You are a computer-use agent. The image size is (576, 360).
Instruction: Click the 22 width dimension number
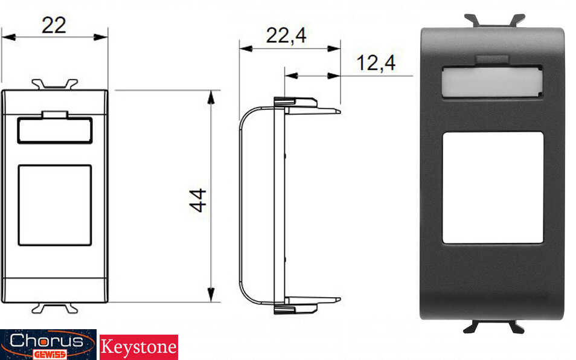pos(54,25)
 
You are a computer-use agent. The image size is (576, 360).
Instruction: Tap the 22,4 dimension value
pos(286,36)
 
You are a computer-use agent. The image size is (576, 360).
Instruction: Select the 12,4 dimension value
pos(376,63)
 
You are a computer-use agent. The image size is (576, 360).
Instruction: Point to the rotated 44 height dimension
pos(197,200)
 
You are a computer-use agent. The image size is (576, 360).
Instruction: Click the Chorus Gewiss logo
pos(48,344)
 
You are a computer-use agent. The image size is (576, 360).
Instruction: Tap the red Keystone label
pos(139,347)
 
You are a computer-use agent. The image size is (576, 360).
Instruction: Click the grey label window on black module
pos(492,82)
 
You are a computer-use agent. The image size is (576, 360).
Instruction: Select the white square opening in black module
pos(493,187)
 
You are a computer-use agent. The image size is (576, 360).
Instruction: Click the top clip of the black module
pos(494,21)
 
